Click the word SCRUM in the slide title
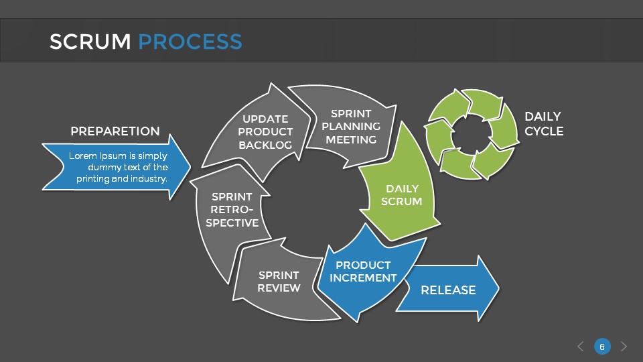point(90,42)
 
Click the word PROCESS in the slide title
point(190,42)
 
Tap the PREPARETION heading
point(115,131)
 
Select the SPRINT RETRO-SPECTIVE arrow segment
point(231,209)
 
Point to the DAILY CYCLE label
point(543,124)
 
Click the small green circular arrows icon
point(473,134)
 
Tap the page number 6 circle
point(602,347)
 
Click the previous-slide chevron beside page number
point(581,347)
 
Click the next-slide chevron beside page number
point(624,347)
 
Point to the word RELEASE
point(447,290)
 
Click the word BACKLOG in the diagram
point(265,145)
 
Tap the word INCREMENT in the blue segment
point(363,278)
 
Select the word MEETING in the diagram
point(351,139)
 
